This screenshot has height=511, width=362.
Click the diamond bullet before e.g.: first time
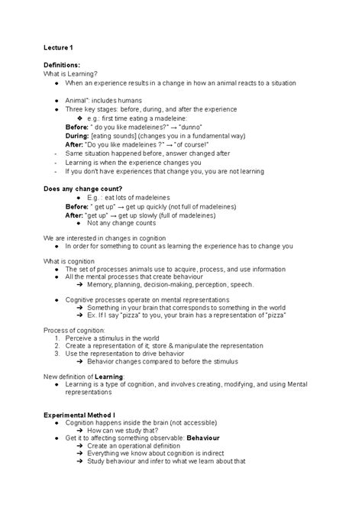pos(80,118)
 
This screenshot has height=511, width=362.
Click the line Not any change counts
pos(122,222)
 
